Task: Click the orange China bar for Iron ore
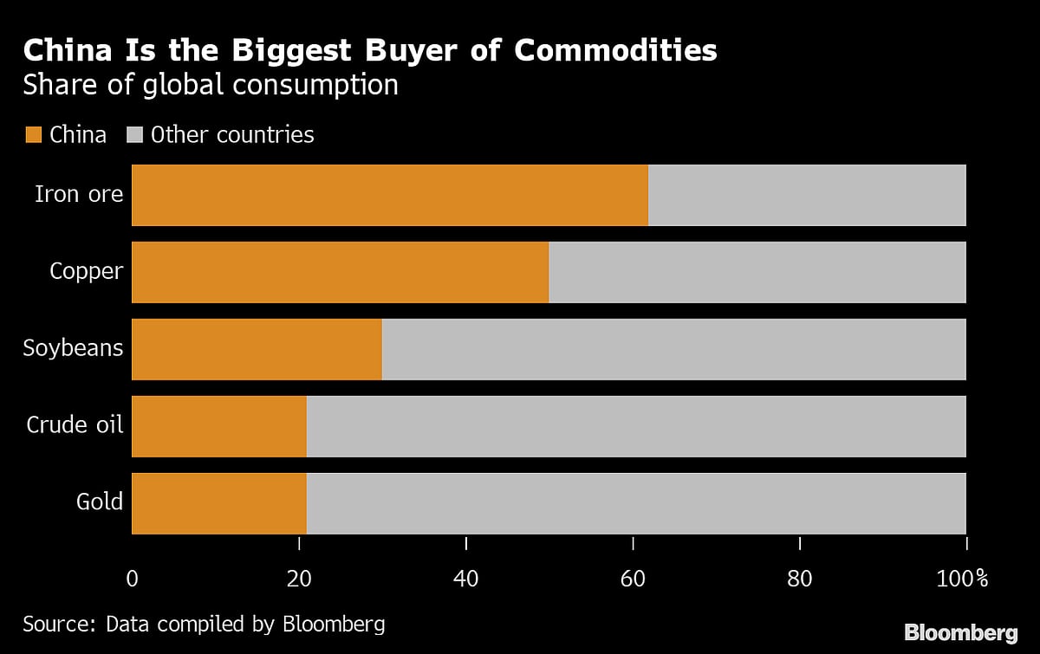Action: point(390,195)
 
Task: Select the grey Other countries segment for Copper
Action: point(757,272)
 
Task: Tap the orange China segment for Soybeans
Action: point(257,349)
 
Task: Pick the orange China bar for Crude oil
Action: point(219,426)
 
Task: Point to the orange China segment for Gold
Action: point(219,503)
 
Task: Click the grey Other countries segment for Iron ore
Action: point(807,195)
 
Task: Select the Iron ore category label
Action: point(79,193)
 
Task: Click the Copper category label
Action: point(87,271)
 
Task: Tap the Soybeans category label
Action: point(74,348)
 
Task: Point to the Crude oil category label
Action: point(75,425)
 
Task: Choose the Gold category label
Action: point(100,502)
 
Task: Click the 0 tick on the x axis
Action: point(132,578)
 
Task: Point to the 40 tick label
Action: point(466,578)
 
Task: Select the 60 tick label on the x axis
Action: point(633,578)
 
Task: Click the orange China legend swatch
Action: point(33,135)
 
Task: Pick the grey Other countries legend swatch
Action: point(134,135)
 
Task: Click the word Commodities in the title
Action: point(615,50)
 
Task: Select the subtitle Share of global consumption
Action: point(211,85)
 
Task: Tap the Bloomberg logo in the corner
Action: point(961,632)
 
